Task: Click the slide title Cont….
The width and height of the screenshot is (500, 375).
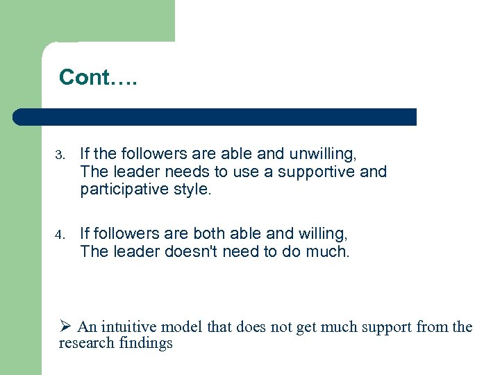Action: tap(99, 77)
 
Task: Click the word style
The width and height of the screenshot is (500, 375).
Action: tap(190, 190)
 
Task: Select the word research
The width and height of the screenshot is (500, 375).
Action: tap(84, 343)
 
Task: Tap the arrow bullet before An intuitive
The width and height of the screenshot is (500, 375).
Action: tap(65, 327)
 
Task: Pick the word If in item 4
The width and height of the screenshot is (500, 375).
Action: tap(85, 233)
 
